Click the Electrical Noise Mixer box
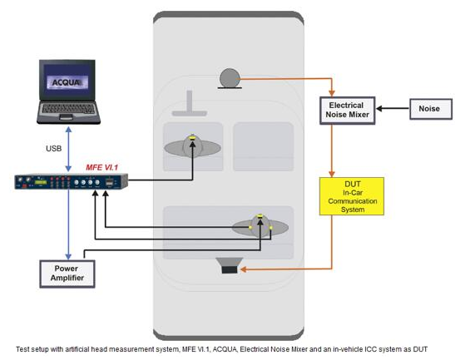point(347,111)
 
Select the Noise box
point(431,109)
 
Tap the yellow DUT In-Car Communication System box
point(352,196)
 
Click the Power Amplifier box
point(67,274)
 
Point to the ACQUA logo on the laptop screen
point(67,82)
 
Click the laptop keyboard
point(68,108)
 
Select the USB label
point(54,149)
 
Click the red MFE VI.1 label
point(102,167)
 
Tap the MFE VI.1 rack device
point(72,181)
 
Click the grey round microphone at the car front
point(230,78)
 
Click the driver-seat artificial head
point(192,147)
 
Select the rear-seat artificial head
point(260,227)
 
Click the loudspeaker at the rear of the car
point(230,265)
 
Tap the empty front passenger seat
point(263,146)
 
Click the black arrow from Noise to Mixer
point(393,108)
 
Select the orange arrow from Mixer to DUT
point(332,150)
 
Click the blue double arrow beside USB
point(68,149)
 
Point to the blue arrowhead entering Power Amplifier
point(68,256)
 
